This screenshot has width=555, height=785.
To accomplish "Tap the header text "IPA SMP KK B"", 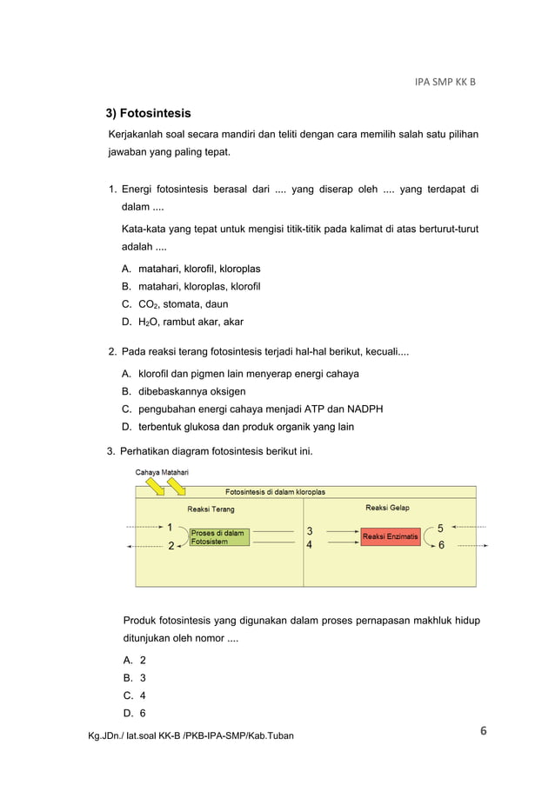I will tap(445, 83).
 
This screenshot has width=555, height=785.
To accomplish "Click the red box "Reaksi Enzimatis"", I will tap(390, 536).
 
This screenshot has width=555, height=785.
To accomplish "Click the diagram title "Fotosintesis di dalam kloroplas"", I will tap(276, 491).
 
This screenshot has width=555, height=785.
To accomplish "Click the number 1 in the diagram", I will tap(170, 526).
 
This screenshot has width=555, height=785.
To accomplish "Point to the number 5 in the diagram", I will tap(440, 527).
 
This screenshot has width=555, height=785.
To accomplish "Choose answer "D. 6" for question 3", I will tap(134, 713).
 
